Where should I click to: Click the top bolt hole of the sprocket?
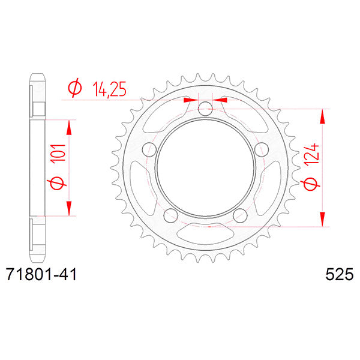(x=205, y=109)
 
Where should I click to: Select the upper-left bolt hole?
(x=146, y=151)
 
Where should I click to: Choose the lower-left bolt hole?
(x=169, y=217)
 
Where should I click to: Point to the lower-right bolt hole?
(x=241, y=217)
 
